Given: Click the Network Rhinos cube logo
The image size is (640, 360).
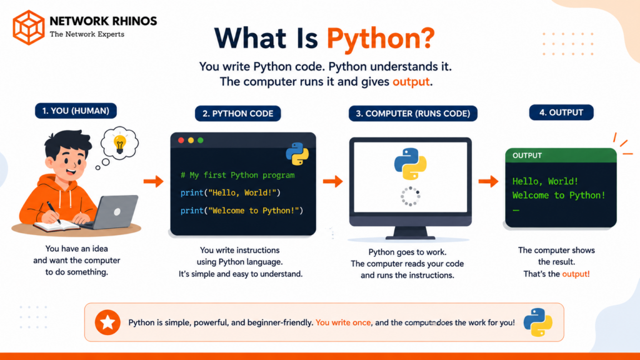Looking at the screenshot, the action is point(29,27).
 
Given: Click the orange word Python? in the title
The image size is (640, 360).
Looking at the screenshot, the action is point(381,39).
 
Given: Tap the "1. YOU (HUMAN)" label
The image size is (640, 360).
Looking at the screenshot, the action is point(76,111).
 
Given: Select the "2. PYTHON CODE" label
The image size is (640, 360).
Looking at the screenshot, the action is point(238,114).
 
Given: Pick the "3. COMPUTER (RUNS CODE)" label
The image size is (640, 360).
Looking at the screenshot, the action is point(413,114).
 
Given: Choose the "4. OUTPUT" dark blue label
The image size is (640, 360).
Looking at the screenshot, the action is point(561,112).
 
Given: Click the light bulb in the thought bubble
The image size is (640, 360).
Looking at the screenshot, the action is point(119,144).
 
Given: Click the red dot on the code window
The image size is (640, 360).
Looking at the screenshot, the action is point(181,141).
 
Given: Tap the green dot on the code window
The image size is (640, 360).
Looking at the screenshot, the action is point(201,141).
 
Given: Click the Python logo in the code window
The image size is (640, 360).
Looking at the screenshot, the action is point(297,154).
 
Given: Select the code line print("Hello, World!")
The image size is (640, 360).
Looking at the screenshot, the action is point(231,192).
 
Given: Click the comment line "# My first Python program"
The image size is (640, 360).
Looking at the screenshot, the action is point(237,175).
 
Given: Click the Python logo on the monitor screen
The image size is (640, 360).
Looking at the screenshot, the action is point(410,164).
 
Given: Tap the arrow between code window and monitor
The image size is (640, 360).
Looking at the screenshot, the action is point(333,181).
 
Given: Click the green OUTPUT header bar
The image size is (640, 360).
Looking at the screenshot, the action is point(561,156).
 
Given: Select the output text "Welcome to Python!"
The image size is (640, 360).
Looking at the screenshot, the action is point(559,196).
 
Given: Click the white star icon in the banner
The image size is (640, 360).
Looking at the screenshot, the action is point(107,322).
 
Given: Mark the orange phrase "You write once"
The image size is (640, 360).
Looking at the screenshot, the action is point(343,323).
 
